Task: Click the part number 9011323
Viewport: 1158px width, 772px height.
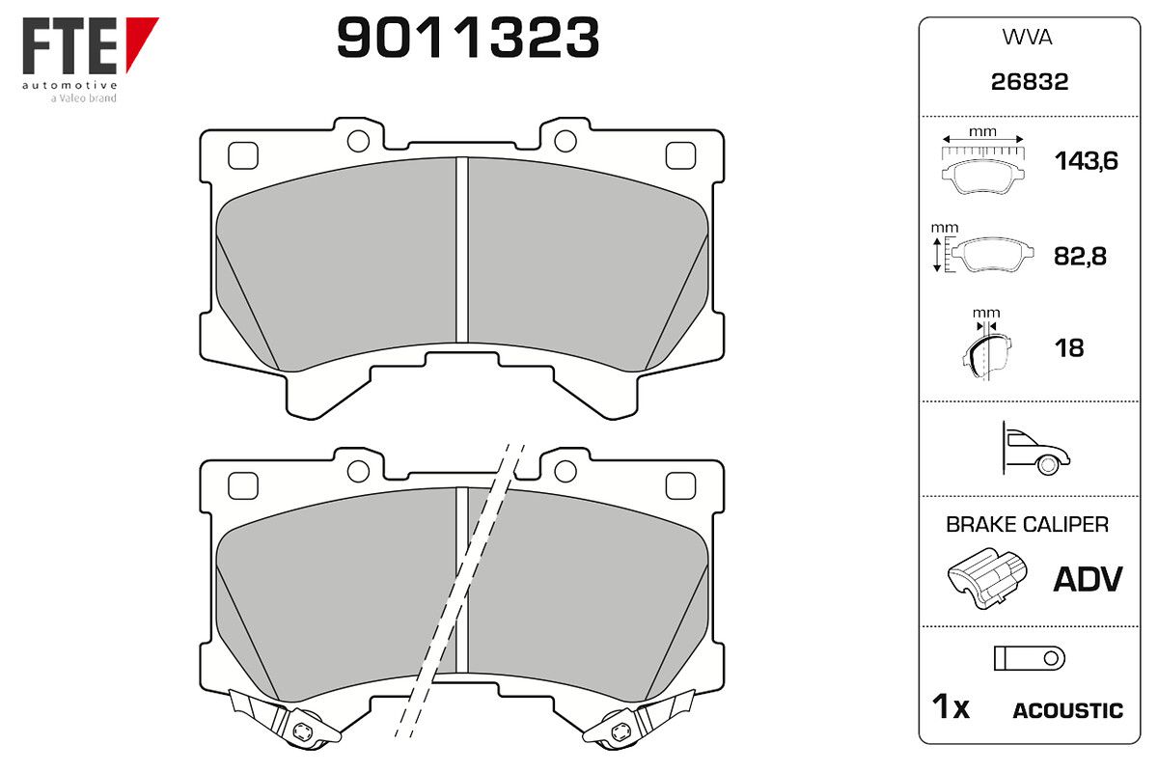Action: coord(468,38)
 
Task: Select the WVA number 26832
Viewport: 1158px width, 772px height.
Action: coord(1030,82)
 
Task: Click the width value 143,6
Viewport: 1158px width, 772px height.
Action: coord(1087,161)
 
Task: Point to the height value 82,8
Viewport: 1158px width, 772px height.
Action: coord(1080,256)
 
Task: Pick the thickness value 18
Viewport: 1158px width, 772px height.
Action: coord(1069,348)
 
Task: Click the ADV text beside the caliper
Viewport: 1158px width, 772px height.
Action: coord(1088,579)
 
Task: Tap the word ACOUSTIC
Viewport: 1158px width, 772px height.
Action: coord(1067,710)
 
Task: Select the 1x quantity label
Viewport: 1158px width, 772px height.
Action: coord(951,706)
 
